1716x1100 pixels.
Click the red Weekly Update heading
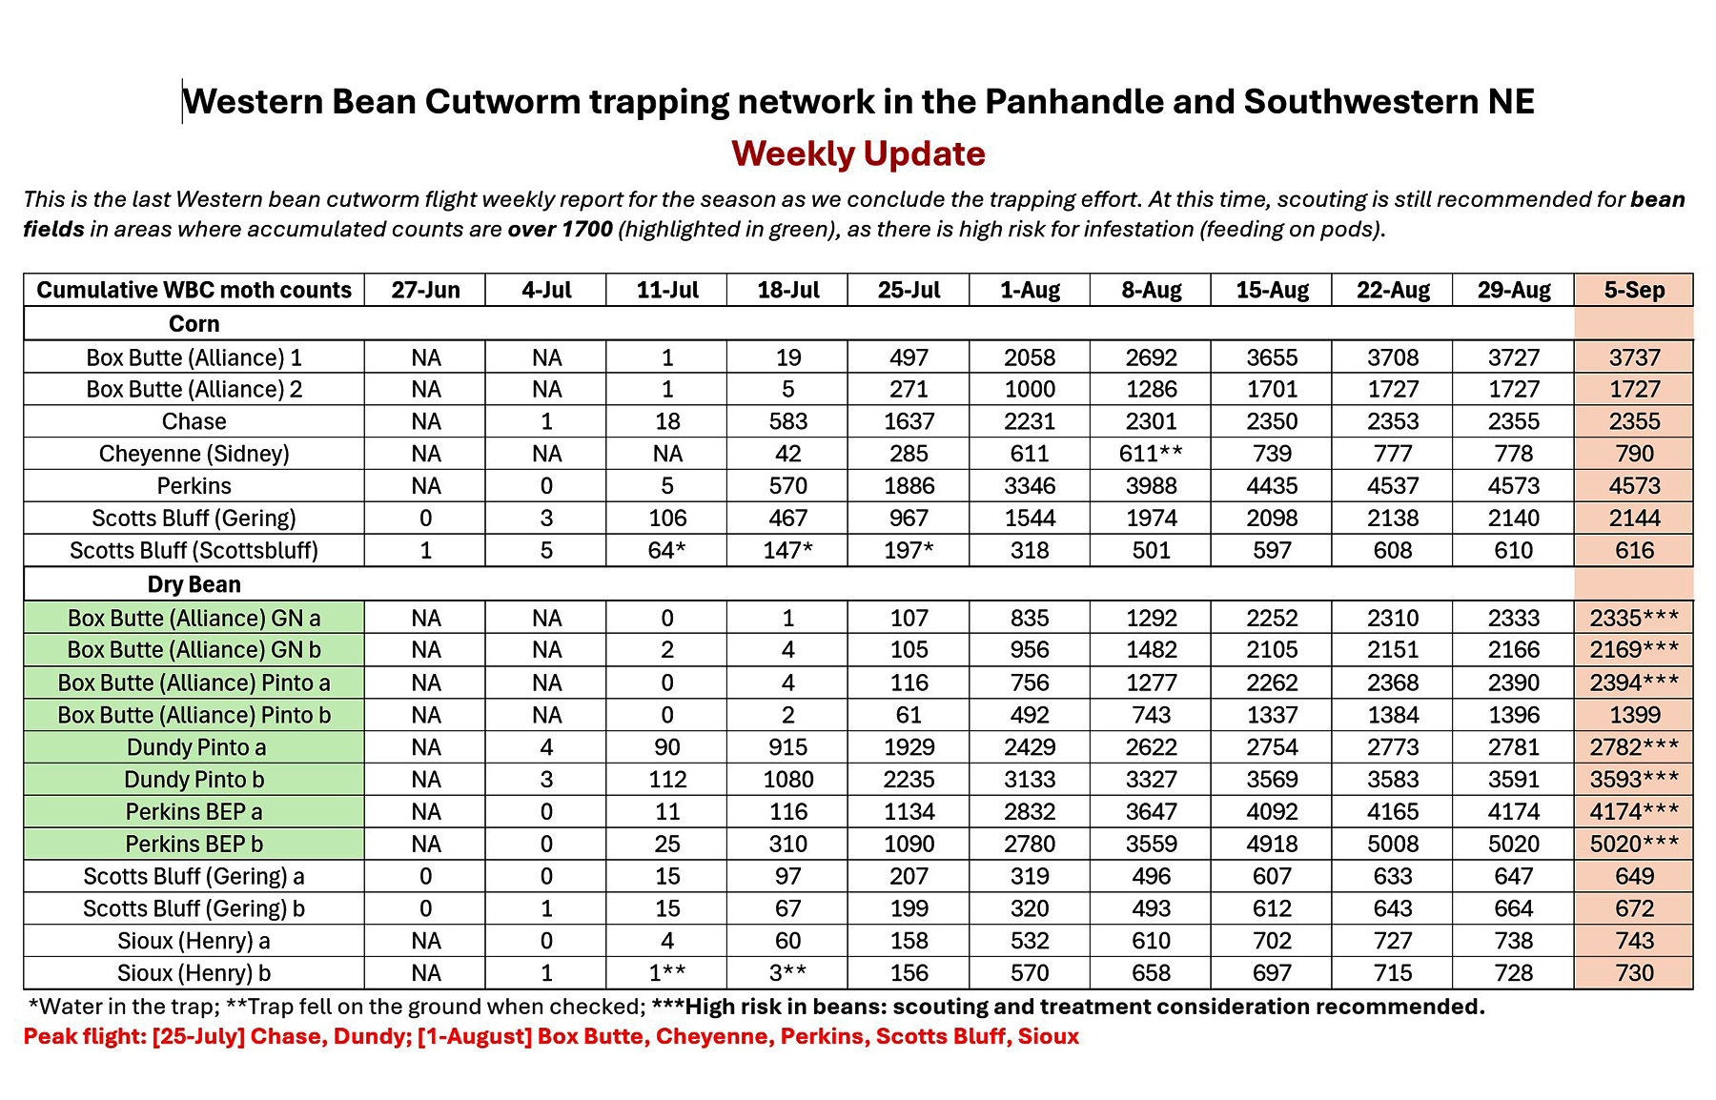[x=858, y=153]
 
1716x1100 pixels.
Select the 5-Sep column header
[x=1634, y=290]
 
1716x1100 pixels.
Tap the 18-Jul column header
[x=787, y=290]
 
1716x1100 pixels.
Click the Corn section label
[x=194, y=323]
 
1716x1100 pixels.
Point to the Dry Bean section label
[x=194, y=584]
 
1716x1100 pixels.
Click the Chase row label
[x=194, y=421]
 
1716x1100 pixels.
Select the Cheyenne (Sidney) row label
[x=194, y=454]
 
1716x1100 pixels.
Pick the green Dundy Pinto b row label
[x=194, y=780]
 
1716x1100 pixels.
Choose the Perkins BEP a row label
[x=194, y=812]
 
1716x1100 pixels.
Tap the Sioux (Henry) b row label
[x=194, y=973]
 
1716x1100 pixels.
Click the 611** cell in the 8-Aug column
[x=1151, y=454]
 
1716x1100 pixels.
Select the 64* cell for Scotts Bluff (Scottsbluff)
[x=667, y=551]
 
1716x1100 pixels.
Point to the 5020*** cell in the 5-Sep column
[x=1634, y=845]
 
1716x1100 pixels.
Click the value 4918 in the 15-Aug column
[x=1272, y=845]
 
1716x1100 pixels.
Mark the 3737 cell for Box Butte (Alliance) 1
[x=1634, y=357]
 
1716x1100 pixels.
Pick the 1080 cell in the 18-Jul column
[x=787, y=780]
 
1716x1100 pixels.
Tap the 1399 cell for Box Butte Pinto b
[x=1634, y=715]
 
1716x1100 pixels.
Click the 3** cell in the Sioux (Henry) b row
[x=787, y=973]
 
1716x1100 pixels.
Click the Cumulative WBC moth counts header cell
[x=194, y=290]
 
